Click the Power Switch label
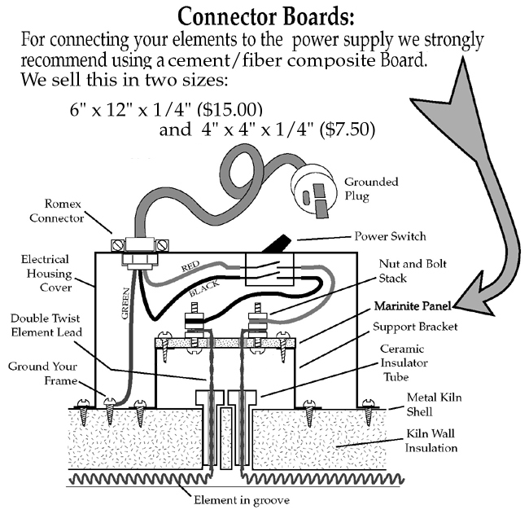tap(390, 236)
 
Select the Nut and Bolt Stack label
tap(413, 270)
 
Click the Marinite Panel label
tap(413, 307)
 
